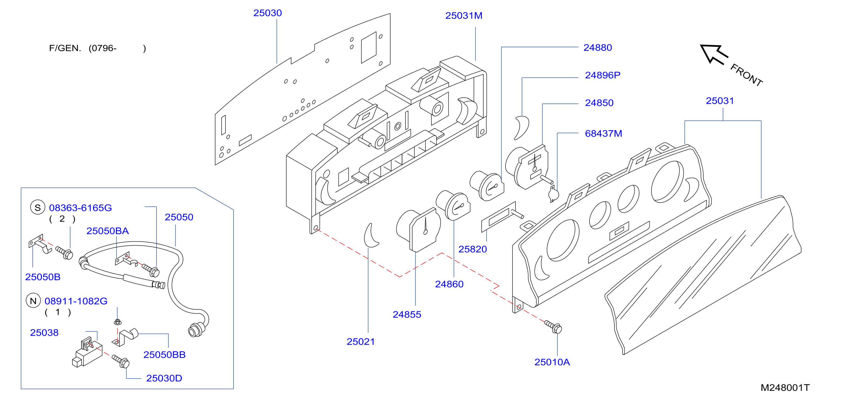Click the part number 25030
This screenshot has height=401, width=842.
point(267,13)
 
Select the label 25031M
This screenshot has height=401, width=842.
point(464,16)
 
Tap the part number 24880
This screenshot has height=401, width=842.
point(597,48)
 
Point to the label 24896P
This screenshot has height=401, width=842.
point(603,75)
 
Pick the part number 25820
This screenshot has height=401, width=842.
point(473,249)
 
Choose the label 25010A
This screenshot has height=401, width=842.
point(552,362)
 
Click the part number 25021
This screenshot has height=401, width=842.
point(361,342)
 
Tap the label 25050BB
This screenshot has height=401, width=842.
point(164,355)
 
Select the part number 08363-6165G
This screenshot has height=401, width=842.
point(80,208)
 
